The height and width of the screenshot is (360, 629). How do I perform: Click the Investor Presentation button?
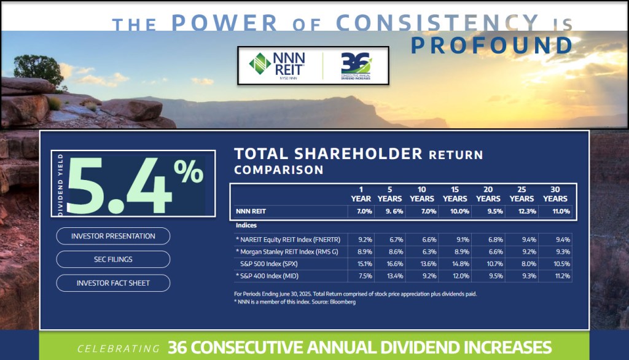coord(113,236)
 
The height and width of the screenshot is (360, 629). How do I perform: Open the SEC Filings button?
coord(113,259)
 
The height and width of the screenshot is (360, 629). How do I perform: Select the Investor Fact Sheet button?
coord(113,283)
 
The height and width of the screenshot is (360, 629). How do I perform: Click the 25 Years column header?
coord(522,194)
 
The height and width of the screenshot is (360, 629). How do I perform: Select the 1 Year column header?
coord(361,194)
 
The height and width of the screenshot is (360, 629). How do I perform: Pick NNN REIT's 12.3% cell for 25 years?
coord(522,211)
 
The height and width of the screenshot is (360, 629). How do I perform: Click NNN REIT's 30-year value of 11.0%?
coord(555,211)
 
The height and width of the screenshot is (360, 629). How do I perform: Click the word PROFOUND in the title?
coord(491,46)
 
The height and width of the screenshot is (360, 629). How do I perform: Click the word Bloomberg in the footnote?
coord(342,302)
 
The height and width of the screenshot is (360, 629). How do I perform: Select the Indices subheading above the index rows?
coord(246,225)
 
